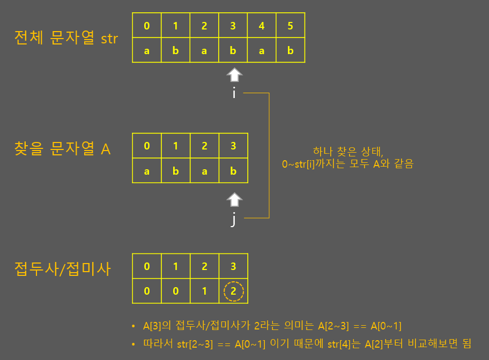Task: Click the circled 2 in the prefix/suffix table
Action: click(x=233, y=292)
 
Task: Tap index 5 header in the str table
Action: click(x=291, y=25)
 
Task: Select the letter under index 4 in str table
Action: click(x=262, y=51)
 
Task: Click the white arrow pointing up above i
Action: click(x=234, y=74)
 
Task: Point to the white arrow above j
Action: click(x=233, y=200)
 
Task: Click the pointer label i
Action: click(x=234, y=94)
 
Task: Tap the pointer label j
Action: click(x=233, y=220)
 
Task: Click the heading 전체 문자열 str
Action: click(x=66, y=39)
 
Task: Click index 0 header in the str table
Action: click(x=146, y=25)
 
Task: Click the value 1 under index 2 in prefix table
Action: click(x=204, y=292)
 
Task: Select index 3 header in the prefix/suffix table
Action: click(x=233, y=266)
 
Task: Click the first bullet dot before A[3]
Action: click(x=134, y=326)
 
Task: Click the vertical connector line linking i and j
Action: click(x=268, y=155)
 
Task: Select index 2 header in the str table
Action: click(x=204, y=25)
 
